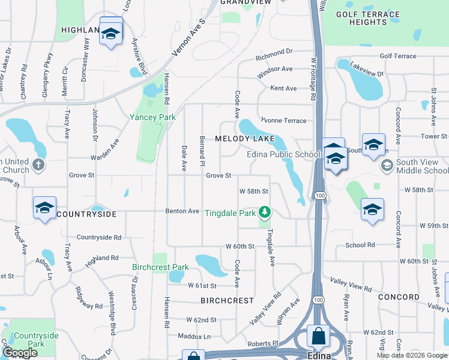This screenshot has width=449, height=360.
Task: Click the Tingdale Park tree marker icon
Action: pos(264,212)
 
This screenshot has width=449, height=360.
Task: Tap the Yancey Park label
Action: pos(153,118)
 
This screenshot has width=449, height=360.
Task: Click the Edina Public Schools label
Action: pos(286,155)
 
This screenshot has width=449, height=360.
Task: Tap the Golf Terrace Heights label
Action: pos(368,18)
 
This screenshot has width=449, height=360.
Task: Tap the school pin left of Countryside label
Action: pos(45,208)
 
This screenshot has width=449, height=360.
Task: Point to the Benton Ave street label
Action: pos(182,211)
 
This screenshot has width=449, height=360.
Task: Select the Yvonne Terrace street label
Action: pos(283,121)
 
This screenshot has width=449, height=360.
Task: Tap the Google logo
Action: pos(20,353)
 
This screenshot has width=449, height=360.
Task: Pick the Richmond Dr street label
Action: pos(274,56)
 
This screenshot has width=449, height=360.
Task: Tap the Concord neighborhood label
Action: pos(399,297)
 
